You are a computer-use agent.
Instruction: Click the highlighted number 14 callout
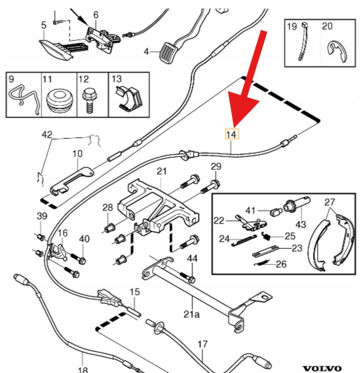pyautogui.click(x=231, y=134)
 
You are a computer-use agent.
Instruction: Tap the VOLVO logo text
pyautogui.click(x=322, y=368)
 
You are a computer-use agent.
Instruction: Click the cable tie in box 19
pyautogui.click(x=303, y=41)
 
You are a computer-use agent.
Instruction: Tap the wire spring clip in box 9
pyautogui.click(x=23, y=97)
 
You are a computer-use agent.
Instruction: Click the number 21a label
pyautogui.click(x=192, y=315)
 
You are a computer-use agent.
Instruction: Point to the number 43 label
pyautogui.click(x=300, y=224)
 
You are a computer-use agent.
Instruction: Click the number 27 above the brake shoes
pyautogui.click(x=330, y=203)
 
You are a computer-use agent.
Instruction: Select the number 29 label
pyautogui.click(x=216, y=166)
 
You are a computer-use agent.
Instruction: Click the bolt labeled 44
pyautogui.click(x=188, y=276)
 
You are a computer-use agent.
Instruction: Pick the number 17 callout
pyautogui.click(x=202, y=344)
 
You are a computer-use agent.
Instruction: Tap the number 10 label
pyautogui.click(x=77, y=154)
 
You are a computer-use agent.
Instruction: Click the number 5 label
pyautogui.click(x=44, y=25)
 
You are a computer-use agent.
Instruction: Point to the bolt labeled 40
pyautogui.click(x=78, y=258)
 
